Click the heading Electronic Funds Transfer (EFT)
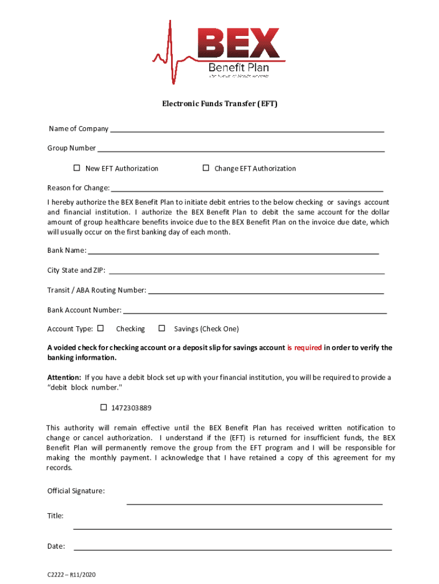pyautogui.click(x=219, y=104)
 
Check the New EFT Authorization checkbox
pyautogui.click(x=76, y=168)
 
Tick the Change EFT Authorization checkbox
pyautogui.click(x=206, y=168)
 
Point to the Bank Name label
pyautogui.click(x=67, y=250)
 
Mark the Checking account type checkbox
pyautogui.click(x=101, y=328)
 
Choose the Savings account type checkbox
pyautogui.click(x=162, y=328)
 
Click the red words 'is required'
pyautogui.click(x=304, y=348)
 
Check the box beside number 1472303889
pyautogui.click(x=104, y=408)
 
